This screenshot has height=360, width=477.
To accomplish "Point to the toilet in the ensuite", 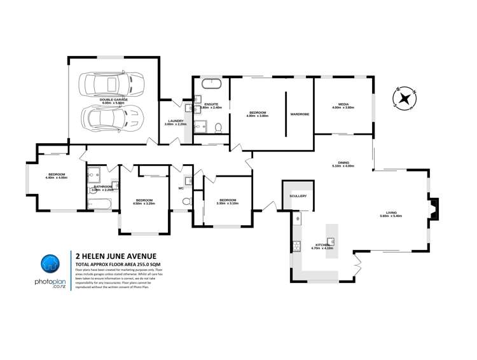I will (218, 127).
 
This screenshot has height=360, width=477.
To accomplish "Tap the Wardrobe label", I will (300, 114).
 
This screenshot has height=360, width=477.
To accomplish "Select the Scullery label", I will (298, 196).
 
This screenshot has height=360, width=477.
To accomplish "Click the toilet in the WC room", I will (186, 202).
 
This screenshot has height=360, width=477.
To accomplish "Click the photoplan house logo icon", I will (50, 263).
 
